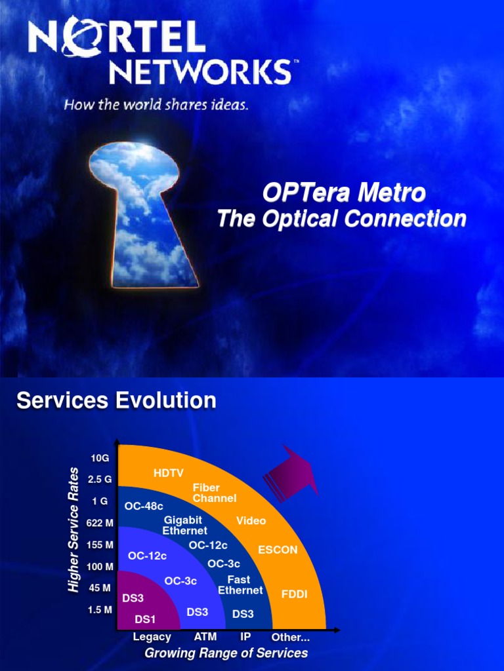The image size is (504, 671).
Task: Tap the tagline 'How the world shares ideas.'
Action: [156, 105]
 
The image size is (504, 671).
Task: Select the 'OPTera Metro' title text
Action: [344, 193]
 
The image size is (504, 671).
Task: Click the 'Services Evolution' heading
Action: [116, 400]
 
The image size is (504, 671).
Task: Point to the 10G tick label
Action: [100, 457]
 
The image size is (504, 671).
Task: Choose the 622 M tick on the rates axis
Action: [100, 523]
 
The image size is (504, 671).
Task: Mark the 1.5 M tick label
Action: [100, 609]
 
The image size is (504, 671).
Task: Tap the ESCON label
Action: [278, 550]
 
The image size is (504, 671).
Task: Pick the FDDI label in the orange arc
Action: [294, 594]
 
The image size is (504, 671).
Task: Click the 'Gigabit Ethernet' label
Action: [184, 525]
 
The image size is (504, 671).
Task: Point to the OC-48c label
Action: [144, 506]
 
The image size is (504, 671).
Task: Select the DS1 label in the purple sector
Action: [145, 619]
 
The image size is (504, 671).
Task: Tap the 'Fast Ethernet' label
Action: [240, 585]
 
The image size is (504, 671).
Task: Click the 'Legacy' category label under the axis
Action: [152, 637]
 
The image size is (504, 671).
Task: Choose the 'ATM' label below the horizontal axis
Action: [205, 637]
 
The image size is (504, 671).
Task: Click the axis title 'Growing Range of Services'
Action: [226, 653]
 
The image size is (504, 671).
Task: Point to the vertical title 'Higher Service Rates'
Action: [73, 531]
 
